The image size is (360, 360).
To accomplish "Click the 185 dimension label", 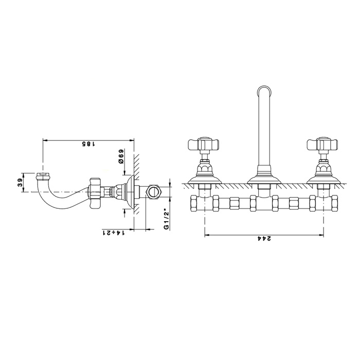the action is [x=88, y=144].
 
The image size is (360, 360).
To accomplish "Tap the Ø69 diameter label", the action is [x=121, y=156].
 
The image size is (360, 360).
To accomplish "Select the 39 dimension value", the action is [x=20, y=183].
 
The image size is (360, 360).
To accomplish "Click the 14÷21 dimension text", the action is [x=114, y=233].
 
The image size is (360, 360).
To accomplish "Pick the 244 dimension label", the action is [x=264, y=239].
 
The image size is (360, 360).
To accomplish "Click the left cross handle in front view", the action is [x=204, y=144].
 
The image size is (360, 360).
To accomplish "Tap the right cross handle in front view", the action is [x=322, y=144].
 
